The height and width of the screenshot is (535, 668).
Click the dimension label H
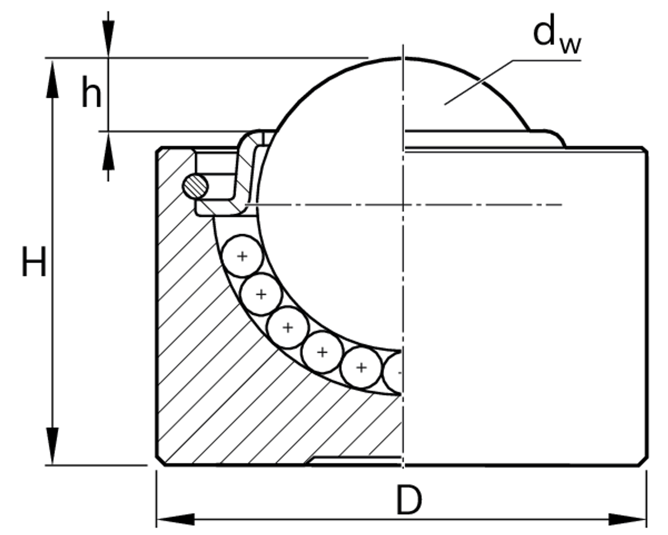point(34,262)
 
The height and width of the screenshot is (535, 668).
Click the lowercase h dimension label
point(91,93)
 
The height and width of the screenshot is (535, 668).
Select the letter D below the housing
point(408,501)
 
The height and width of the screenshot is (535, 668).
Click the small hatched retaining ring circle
point(196,186)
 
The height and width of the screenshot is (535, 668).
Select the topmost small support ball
point(242,257)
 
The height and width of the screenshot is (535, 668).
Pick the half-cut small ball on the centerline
point(394,372)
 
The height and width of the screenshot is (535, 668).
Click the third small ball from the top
point(287,328)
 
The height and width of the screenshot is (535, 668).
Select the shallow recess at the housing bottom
point(356,461)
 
